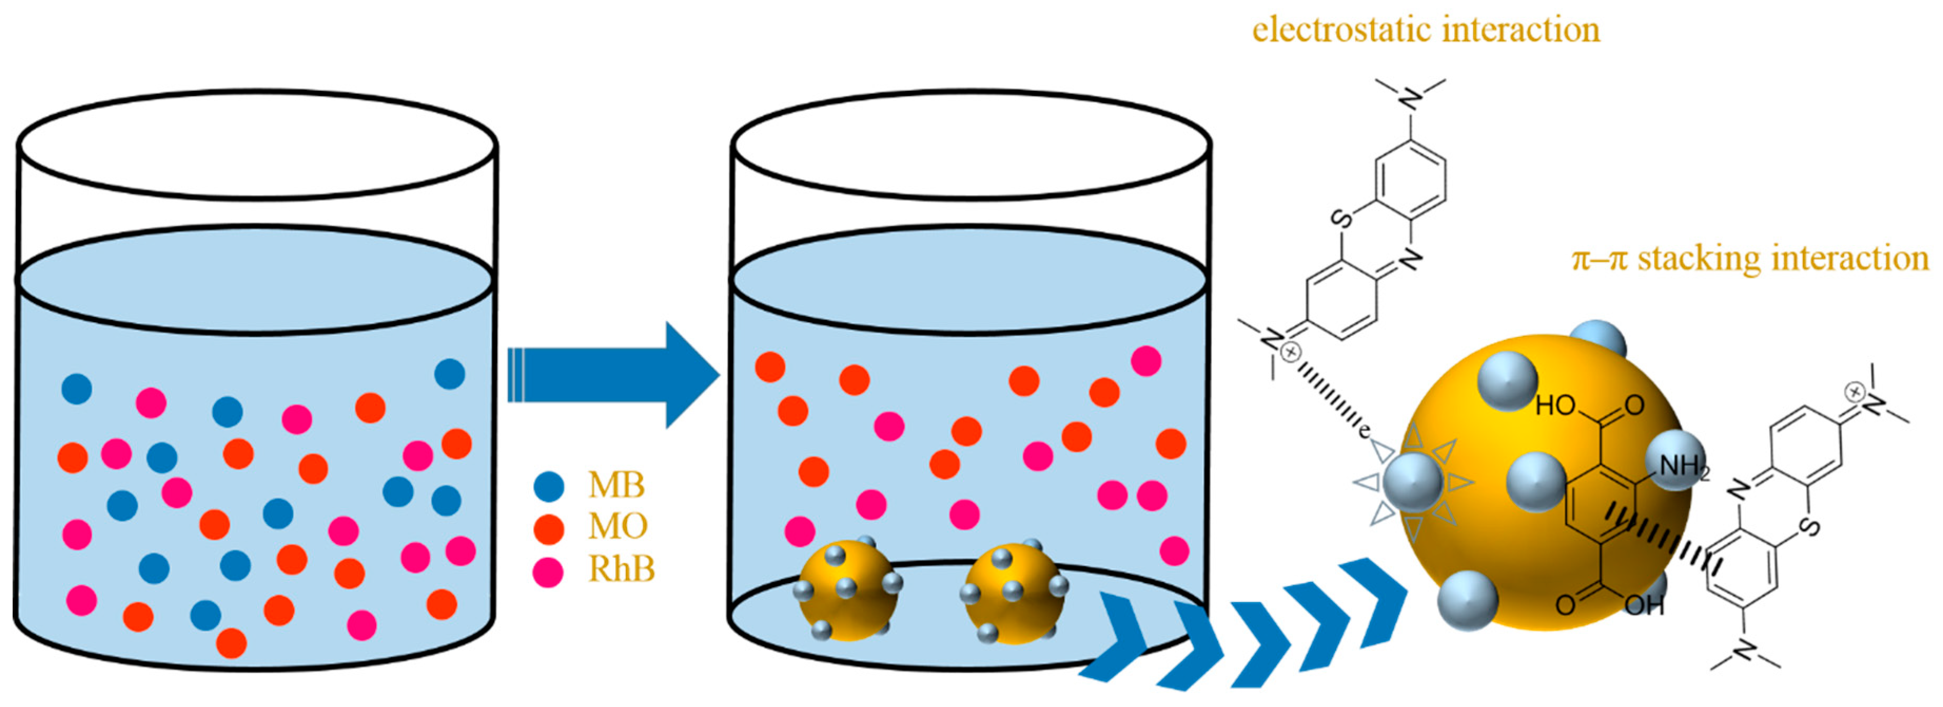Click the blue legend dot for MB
[548, 487]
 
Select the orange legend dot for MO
[548, 529]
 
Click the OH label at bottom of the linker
[1644, 604]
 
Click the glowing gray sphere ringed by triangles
[1413, 481]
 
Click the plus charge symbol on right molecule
[1854, 392]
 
